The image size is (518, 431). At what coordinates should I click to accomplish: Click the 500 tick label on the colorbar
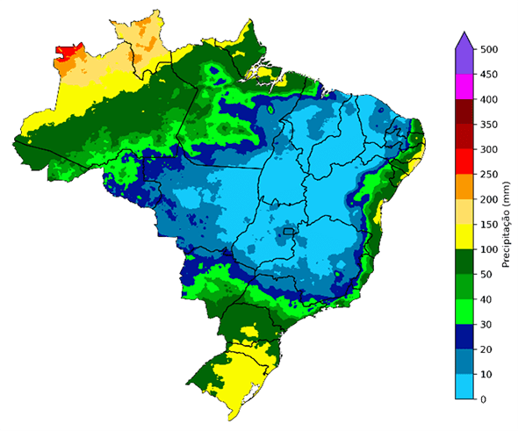pos(489,50)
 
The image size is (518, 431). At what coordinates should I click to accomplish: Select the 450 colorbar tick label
pos(489,75)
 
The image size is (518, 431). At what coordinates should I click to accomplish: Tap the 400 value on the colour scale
pos(489,100)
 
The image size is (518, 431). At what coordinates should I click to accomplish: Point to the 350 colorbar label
pos(489,125)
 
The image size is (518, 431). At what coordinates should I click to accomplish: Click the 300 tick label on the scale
pos(489,150)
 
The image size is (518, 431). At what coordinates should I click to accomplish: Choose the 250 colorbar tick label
pos(489,175)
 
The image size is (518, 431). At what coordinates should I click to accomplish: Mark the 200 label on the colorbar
pos(489,200)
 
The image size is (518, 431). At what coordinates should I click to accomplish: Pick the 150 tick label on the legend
pos(489,225)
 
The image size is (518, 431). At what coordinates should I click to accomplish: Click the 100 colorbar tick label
pos(489,250)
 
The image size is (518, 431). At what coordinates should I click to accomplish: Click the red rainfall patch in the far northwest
pos(65,54)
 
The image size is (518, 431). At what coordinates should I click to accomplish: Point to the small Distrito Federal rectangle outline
pos(287,233)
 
